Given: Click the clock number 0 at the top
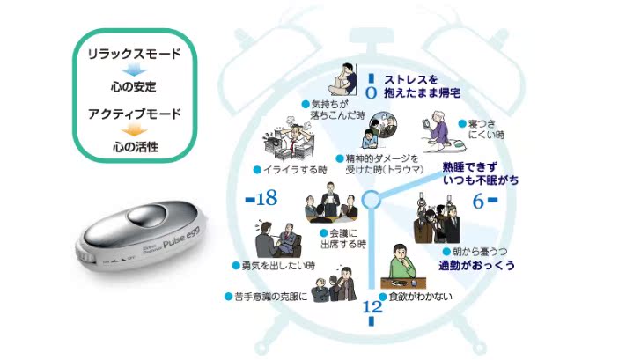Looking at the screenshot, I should [370, 88].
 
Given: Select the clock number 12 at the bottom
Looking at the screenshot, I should [372, 307].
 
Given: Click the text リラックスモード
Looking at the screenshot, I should [135, 55].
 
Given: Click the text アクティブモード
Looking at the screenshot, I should [135, 114].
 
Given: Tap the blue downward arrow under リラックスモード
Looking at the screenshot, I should [135, 70].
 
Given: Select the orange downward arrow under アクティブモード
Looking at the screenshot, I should [135, 129].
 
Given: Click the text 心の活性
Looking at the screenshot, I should [135, 145].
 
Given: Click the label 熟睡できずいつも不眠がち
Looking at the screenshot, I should [481, 173].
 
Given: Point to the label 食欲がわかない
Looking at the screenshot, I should [420, 297].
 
